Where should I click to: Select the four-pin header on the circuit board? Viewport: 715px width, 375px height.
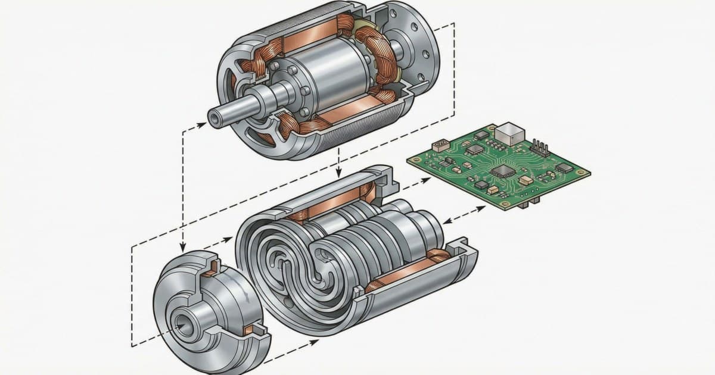click(x=540, y=146)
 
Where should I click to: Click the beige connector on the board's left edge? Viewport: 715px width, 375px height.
click(x=440, y=145)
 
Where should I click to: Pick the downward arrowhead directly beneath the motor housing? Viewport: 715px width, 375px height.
click(x=338, y=173)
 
